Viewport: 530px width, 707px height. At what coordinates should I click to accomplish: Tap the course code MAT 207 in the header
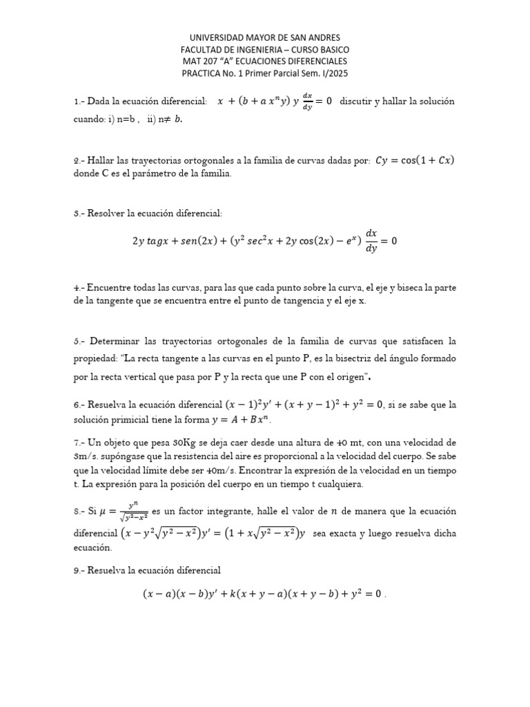coord(200,61)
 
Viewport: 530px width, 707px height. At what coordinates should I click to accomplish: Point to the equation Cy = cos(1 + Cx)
coord(415,161)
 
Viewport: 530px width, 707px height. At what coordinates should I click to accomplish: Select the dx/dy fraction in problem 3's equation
coord(372,242)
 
